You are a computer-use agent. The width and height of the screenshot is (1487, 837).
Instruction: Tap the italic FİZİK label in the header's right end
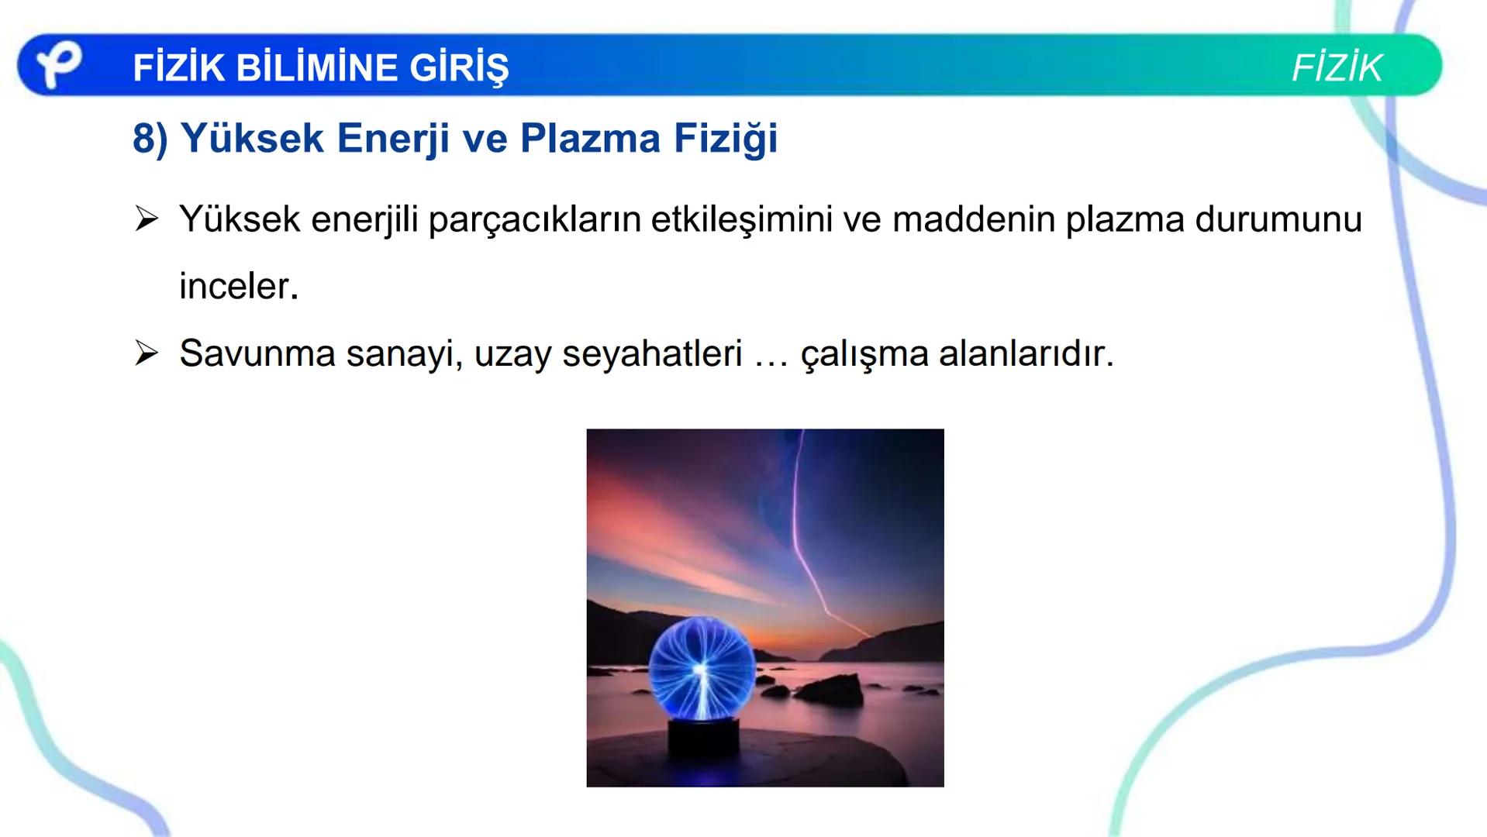(1337, 68)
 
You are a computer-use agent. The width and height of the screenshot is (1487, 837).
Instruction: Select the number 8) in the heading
(150, 139)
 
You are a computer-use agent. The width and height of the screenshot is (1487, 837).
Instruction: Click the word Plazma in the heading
(590, 139)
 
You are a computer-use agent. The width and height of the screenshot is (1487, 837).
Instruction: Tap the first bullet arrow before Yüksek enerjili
(146, 219)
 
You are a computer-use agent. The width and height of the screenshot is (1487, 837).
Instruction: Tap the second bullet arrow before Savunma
(146, 353)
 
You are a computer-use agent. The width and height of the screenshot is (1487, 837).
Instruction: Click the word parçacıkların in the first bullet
(534, 221)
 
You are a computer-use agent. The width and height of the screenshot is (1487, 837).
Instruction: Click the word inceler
(238, 287)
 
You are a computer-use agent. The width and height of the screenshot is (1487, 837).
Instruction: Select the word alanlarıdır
(1026, 354)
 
